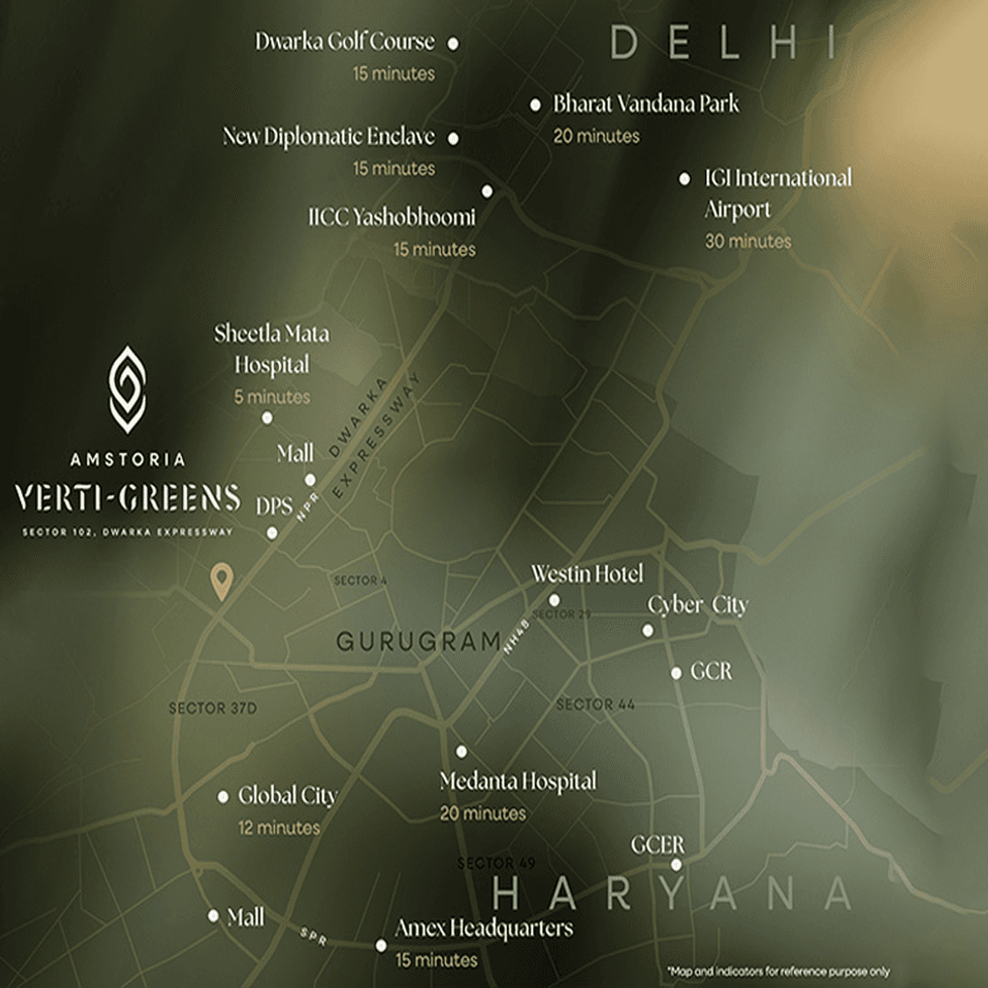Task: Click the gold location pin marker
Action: pyautogui.click(x=220, y=582)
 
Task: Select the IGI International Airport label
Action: pyautogui.click(x=778, y=193)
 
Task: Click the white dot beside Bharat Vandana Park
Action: pyautogui.click(x=535, y=105)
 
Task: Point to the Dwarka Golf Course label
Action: pyautogui.click(x=345, y=42)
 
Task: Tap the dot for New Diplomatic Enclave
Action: pyautogui.click(x=454, y=139)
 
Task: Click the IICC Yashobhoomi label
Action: pyautogui.click(x=392, y=218)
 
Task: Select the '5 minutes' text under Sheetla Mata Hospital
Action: pyautogui.click(x=273, y=397)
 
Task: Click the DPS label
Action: pyautogui.click(x=274, y=507)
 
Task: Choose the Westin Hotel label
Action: pyautogui.click(x=587, y=575)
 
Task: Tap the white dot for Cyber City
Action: pyautogui.click(x=648, y=630)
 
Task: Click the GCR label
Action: pyautogui.click(x=711, y=671)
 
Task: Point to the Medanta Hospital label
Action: pyautogui.click(x=518, y=782)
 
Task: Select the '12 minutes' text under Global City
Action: pyautogui.click(x=278, y=828)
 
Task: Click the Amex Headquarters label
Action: pyautogui.click(x=484, y=929)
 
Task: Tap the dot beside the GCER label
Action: pyautogui.click(x=677, y=864)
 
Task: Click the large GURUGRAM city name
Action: pyautogui.click(x=418, y=641)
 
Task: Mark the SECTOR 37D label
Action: pyautogui.click(x=213, y=709)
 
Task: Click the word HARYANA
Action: pyautogui.click(x=672, y=894)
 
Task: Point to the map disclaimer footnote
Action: pyautogui.click(x=778, y=972)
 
